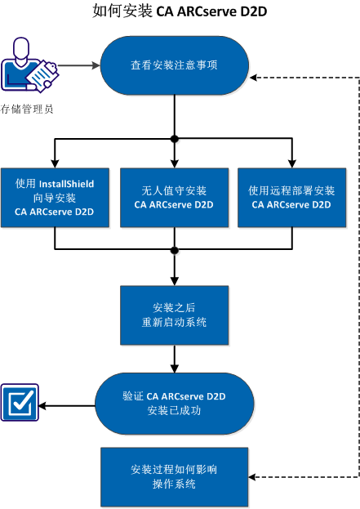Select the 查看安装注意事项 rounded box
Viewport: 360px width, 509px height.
pyautogui.click(x=174, y=66)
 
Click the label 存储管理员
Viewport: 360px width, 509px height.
pyautogui.click(x=27, y=109)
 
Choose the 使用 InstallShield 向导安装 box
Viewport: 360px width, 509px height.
pyautogui.click(x=55, y=198)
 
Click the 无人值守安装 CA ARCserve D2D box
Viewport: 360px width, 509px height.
pyautogui.click(x=173, y=198)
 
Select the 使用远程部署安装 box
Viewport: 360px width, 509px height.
pyautogui.click(x=291, y=198)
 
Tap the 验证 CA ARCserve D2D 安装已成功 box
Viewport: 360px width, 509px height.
pyautogui.click(x=173, y=404)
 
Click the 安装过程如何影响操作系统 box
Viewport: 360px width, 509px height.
pyautogui.click(x=173, y=477)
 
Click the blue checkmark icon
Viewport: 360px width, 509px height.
pyautogui.click(x=20, y=404)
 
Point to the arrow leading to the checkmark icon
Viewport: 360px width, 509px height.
pyautogui.click(x=65, y=404)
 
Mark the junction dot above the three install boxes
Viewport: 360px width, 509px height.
pyautogui.click(x=174, y=139)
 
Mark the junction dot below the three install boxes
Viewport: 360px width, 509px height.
pyautogui.click(x=174, y=248)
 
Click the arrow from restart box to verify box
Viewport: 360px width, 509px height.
pyautogui.click(x=174, y=357)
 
